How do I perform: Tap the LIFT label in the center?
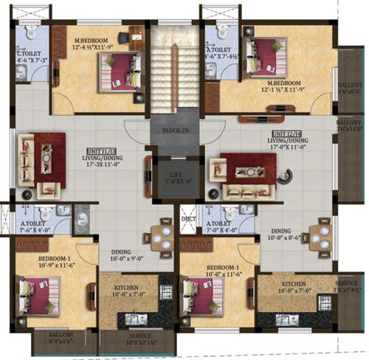173,176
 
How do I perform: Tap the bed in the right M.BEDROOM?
264,58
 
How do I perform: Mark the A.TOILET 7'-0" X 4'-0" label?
224,227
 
